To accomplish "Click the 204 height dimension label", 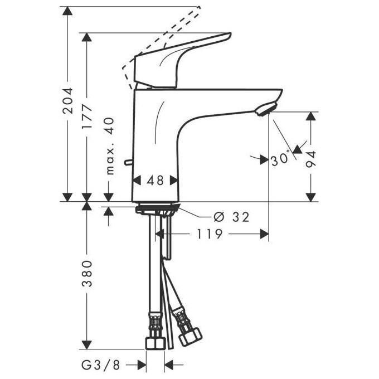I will (68, 101).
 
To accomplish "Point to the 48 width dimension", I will (156, 181).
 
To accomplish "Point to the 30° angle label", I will (280, 159).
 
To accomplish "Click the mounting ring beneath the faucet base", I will (157, 210).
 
